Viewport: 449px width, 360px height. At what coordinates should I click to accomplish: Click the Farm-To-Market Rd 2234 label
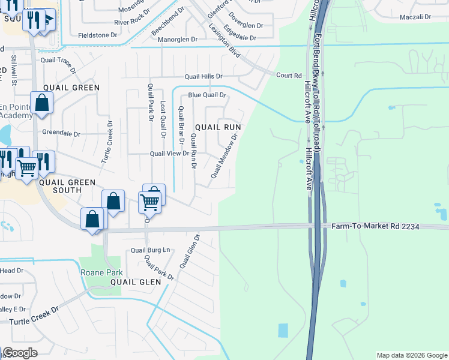click(x=375, y=226)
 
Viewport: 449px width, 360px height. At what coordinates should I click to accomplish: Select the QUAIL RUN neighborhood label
click(x=217, y=127)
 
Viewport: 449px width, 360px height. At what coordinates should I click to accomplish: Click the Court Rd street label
click(x=289, y=76)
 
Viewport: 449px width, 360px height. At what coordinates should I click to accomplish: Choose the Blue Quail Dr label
click(x=206, y=95)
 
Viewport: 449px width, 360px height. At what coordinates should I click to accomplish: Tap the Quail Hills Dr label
click(x=203, y=76)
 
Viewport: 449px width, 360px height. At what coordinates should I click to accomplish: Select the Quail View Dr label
click(x=169, y=154)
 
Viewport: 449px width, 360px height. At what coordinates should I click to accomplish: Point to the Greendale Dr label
click(x=61, y=133)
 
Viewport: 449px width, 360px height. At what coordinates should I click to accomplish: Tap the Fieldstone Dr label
click(x=98, y=35)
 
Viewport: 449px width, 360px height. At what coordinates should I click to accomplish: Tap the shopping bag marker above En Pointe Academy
click(x=42, y=102)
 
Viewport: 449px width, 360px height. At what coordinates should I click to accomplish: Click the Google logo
click(x=20, y=353)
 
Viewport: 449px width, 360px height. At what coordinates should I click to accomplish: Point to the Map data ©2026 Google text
click(x=411, y=355)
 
